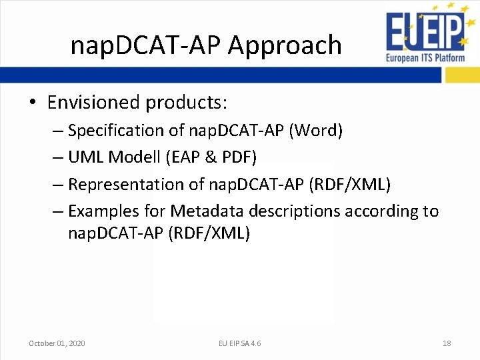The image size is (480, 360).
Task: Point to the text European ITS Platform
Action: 425,57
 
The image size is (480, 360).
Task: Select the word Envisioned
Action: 93,103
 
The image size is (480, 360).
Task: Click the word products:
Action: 187,103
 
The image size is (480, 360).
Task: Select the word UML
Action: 86,157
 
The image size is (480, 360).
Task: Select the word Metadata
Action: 207,211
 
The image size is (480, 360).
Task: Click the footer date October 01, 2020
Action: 57,343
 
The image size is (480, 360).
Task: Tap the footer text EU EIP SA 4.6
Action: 240,343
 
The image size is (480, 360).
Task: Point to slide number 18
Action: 447,343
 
